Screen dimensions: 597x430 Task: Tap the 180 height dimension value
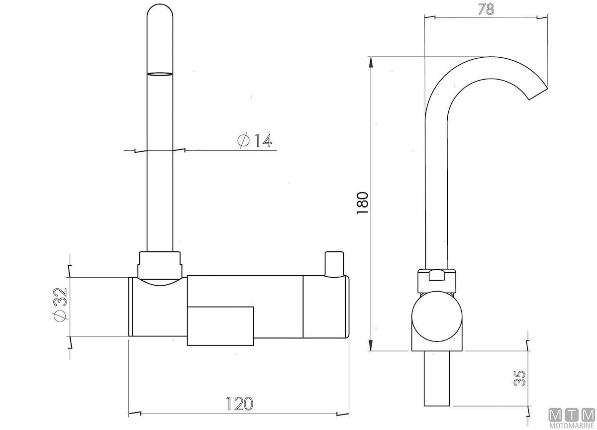click(363, 203)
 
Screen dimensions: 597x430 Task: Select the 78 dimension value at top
click(486, 9)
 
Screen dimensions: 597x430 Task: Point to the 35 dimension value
click(519, 378)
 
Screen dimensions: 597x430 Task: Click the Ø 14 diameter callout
click(255, 140)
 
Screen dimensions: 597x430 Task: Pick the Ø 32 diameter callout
click(60, 305)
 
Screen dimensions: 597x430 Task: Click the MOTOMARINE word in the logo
click(572, 426)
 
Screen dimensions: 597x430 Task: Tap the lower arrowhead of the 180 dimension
click(371, 346)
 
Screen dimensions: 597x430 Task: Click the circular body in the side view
click(437, 317)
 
